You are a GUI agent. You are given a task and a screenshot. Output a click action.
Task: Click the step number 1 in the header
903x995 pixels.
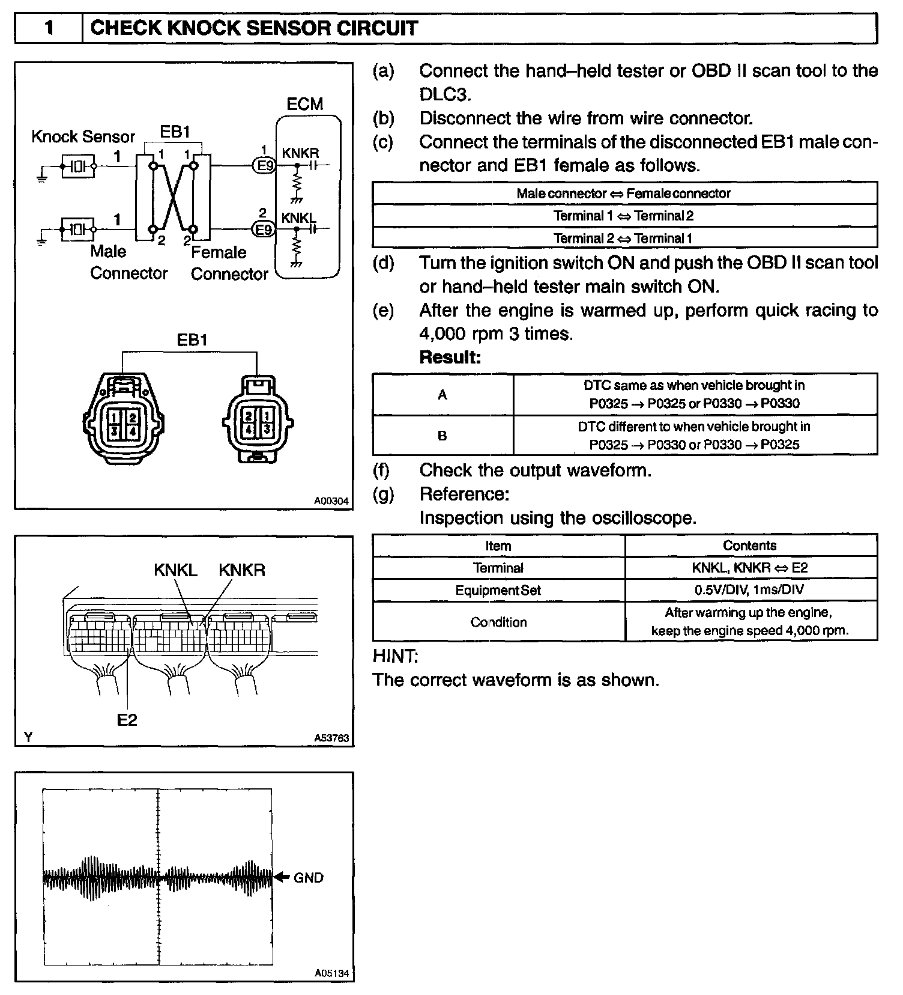click(49, 28)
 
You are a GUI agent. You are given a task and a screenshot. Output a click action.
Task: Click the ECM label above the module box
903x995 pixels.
click(305, 104)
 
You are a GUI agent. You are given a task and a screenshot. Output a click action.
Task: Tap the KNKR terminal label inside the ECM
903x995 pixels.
click(300, 153)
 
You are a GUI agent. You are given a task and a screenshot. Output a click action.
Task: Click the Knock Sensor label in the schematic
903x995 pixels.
click(83, 136)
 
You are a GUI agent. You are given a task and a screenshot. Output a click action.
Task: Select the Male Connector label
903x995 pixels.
click(128, 262)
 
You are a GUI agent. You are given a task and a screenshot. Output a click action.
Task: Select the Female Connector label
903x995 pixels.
click(229, 263)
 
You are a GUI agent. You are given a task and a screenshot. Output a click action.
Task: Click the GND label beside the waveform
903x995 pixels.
click(308, 878)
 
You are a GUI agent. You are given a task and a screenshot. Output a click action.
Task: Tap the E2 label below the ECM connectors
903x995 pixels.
click(127, 719)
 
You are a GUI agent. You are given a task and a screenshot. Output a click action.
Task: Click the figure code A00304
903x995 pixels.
click(331, 501)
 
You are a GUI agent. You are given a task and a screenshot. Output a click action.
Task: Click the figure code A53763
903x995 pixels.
click(331, 738)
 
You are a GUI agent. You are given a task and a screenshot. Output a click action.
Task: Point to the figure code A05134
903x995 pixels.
click(331, 973)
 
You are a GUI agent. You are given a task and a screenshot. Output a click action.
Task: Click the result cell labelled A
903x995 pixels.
click(442, 395)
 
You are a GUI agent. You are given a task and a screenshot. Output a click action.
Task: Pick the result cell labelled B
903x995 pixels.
click(442, 436)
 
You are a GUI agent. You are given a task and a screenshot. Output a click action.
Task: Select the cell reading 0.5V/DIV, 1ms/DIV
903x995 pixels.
click(750, 590)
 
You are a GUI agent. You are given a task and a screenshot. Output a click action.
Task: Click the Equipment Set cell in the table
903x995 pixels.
click(498, 590)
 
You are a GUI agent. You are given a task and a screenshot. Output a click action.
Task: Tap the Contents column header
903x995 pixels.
click(750, 546)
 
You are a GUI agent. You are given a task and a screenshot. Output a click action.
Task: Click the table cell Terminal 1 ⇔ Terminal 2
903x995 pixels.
click(624, 216)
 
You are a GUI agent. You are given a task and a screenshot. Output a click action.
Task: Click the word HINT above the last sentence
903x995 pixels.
click(395, 656)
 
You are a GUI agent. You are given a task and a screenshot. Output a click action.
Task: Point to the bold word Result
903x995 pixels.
click(450, 358)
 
